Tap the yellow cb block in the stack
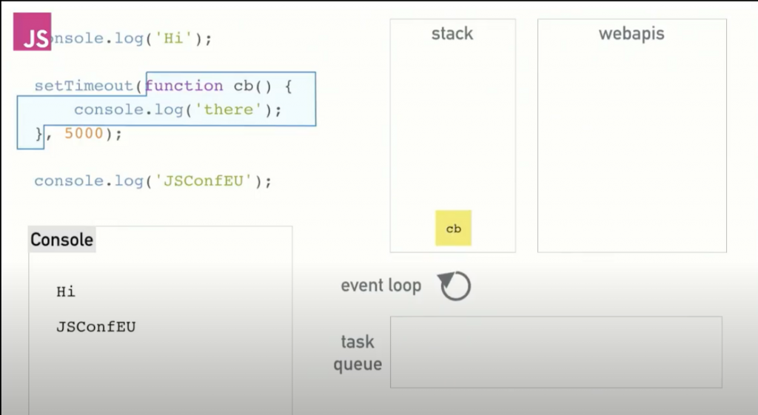coord(453,229)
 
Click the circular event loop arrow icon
coord(455,286)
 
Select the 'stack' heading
coord(452,34)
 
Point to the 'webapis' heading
coord(631,34)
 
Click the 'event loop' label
coord(380,286)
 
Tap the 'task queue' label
coord(358,353)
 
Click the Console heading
coord(62,240)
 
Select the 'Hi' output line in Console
coord(66,291)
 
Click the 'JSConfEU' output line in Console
coord(95,326)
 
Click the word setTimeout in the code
coord(83,86)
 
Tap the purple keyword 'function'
coord(184,86)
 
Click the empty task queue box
coord(555,352)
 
